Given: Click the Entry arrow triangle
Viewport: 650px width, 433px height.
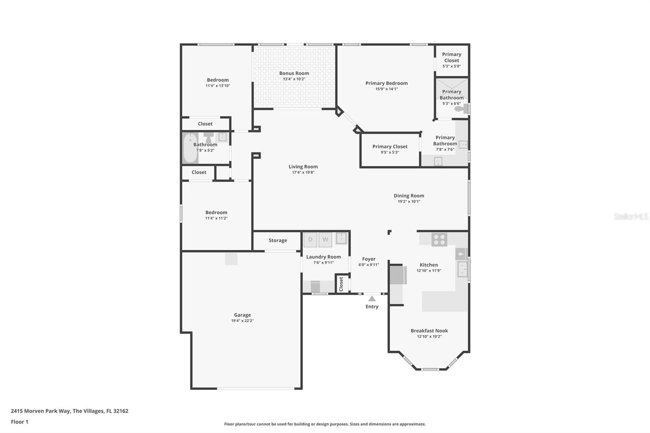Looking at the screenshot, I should pos(372,299).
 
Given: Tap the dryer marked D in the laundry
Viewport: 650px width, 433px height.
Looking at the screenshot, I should pos(310,240).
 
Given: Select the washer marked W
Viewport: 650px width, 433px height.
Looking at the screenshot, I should pos(325,240).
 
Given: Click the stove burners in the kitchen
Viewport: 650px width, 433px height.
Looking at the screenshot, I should pos(439,240).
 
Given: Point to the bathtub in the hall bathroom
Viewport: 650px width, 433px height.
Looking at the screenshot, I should pos(189,148).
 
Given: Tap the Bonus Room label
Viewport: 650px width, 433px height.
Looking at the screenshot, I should pos(294,74).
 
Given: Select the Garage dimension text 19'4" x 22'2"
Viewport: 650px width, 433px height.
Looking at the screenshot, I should pos(242,321).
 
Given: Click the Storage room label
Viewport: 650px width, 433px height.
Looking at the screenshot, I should pos(277,240).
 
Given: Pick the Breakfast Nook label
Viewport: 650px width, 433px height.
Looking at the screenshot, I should pos(429,331).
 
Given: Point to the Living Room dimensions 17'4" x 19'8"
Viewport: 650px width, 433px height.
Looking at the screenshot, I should pos(303,173).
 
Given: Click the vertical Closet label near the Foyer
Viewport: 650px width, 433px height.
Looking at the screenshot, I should pos(341,283).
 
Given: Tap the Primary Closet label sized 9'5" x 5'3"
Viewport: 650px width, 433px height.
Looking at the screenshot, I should pos(390,147).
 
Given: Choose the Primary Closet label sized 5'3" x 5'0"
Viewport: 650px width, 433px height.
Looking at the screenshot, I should pos(451,57).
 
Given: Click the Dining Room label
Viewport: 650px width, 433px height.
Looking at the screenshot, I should pos(409,196).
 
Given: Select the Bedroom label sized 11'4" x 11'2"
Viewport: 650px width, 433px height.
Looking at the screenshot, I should pos(216,212).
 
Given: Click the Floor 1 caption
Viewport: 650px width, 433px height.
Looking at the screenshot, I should pos(19,422).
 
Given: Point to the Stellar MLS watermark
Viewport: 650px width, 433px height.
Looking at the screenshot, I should pos(630,216).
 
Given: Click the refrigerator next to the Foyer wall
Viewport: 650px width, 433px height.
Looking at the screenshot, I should pos(398,275).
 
